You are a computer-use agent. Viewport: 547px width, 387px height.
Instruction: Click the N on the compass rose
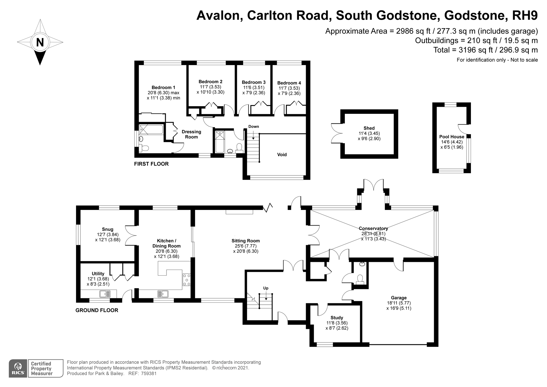(40, 43)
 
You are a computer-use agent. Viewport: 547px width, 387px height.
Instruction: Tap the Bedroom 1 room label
(163, 88)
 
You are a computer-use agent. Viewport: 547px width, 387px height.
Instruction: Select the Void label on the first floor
(282, 155)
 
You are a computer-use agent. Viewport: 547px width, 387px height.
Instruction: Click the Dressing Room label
(191, 134)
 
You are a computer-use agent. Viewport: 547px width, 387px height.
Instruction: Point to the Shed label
(369, 128)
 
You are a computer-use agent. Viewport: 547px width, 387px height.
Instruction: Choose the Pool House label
(452, 137)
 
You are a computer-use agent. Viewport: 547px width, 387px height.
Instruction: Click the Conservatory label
(373, 228)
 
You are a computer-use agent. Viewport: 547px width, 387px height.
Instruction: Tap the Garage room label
(398, 298)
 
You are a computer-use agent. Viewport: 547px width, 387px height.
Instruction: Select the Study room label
(337, 318)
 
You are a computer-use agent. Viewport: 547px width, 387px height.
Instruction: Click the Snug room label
(107, 229)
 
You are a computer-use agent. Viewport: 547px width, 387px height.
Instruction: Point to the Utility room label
(98, 274)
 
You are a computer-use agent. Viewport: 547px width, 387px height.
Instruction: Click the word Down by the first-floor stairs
(254, 126)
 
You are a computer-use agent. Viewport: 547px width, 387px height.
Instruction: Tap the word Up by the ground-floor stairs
(266, 288)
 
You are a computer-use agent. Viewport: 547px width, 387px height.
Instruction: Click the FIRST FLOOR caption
(151, 164)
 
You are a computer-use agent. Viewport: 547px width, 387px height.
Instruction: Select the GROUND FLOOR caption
(97, 310)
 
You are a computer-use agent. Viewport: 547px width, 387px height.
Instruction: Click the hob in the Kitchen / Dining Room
(187, 280)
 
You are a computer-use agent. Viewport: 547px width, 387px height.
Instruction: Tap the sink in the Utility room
(105, 294)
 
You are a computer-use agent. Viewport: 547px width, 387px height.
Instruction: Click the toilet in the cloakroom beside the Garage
(360, 279)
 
